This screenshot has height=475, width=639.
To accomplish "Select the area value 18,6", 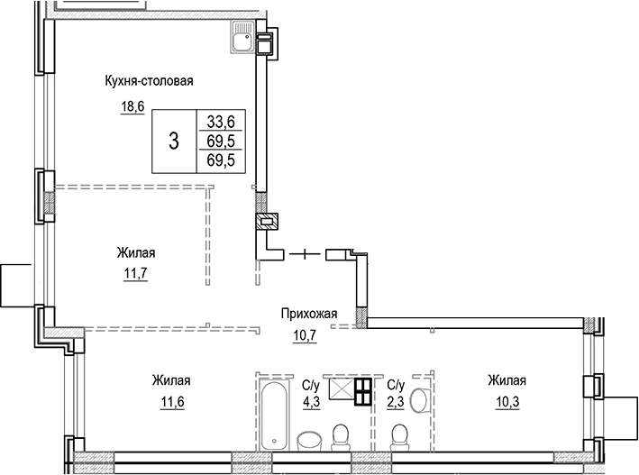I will tap(133, 105).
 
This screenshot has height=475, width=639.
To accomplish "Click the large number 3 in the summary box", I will tap(173, 140).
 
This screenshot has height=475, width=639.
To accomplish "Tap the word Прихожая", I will tap(309, 315).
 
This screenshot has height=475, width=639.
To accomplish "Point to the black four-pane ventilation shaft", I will tap(362, 391).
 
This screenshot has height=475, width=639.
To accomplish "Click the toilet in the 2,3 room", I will tap(397, 438).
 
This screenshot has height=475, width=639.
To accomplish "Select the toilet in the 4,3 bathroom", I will tap(342, 437).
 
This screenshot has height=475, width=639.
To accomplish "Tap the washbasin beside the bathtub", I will tap(308, 440).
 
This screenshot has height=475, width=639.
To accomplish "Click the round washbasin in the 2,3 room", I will tap(418, 399).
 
